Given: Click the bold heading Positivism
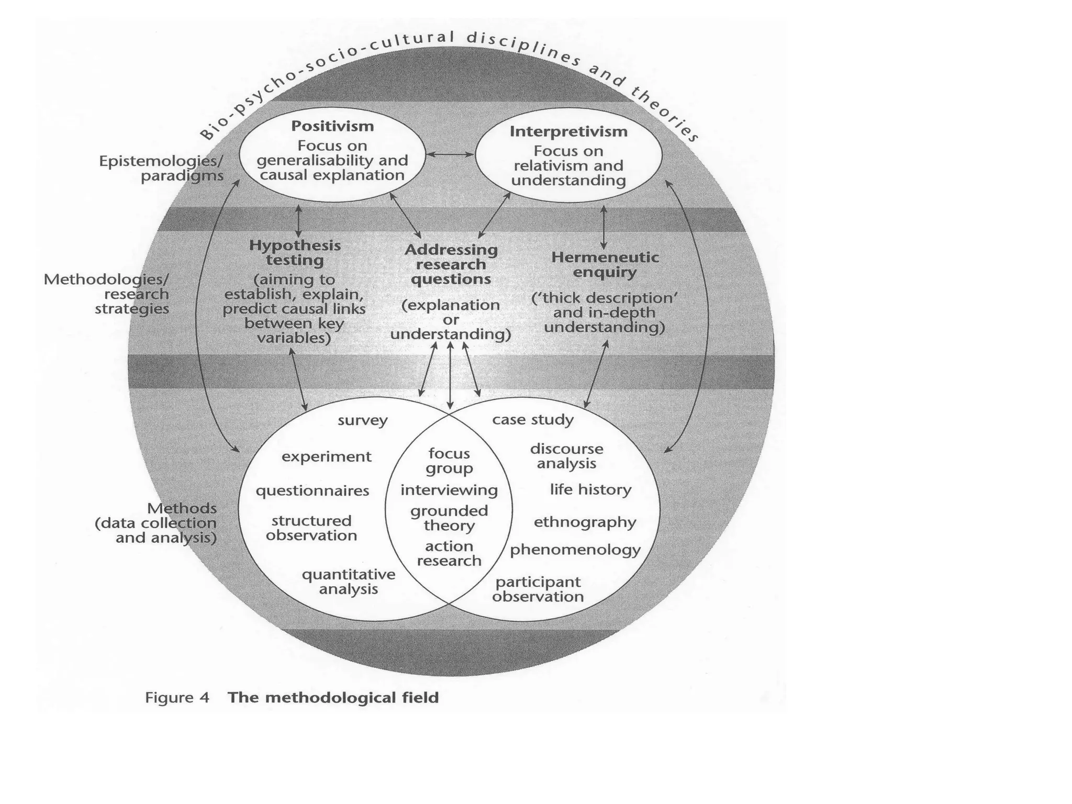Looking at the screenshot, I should (x=332, y=126).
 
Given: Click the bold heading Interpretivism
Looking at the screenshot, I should (x=568, y=131).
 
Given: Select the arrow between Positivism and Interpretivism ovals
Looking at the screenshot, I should (x=450, y=154).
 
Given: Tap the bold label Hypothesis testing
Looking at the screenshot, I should (x=295, y=252).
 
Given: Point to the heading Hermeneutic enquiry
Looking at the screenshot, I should (x=605, y=264).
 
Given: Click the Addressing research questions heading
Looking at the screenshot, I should (x=451, y=264).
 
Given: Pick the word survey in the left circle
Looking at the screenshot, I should (x=363, y=420).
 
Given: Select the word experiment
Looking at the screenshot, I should (x=327, y=457).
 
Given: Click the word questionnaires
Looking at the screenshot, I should (x=312, y=491).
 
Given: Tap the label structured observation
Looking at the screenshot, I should (x=311, y=528).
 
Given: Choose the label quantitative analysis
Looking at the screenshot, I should (x=349, y=582).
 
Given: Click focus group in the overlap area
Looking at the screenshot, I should (x=449, y=461).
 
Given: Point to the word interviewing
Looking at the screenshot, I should (x=449, y=490).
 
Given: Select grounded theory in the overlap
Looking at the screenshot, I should (x=449, y=518).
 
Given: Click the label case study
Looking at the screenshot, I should (x=533, y=420).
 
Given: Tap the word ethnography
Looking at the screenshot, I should (x=585, y=522).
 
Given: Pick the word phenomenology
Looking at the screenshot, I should (x=575, y=550).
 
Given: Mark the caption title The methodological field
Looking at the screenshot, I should (x=333, y=698).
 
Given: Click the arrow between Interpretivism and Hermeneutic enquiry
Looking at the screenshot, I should (x=604, y=227).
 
